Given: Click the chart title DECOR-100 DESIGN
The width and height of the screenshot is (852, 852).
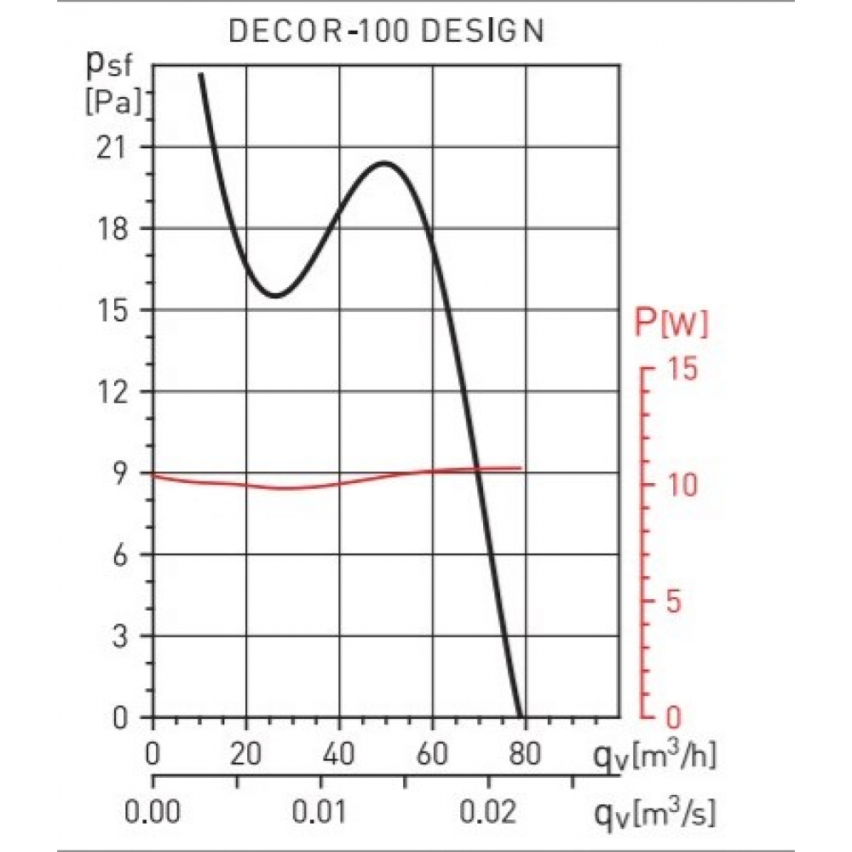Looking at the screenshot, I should [x=386, y=31].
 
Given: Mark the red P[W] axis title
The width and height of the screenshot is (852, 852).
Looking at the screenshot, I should [x=671, y=324].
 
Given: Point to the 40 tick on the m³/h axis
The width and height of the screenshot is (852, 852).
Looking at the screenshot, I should [x=339, y=755].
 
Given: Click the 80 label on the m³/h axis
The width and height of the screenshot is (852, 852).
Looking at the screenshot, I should [x=525, y=755].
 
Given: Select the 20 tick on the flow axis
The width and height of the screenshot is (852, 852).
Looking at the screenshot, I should [x=246, y=755].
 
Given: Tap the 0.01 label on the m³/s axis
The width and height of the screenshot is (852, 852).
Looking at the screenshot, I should [x=321, y=813].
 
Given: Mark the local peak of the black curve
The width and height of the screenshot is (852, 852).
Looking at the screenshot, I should [x=385, y=163].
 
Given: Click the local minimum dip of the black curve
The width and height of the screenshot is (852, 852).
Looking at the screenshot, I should [x=276, y=296].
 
